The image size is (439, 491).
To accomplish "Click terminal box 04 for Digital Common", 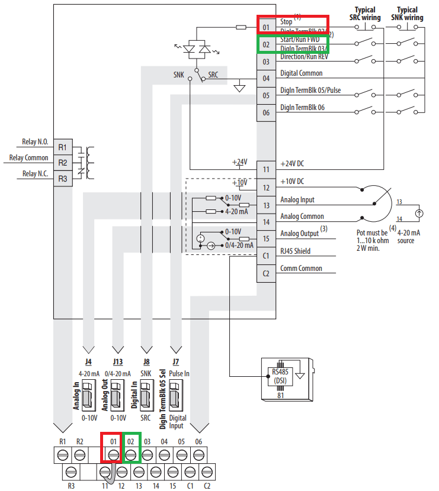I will tap(266, 78).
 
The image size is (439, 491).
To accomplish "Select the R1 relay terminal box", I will tap(62, 147).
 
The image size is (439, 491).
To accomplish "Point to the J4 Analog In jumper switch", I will tap(88, 393).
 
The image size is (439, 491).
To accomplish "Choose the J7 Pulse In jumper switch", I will tap(175, 393).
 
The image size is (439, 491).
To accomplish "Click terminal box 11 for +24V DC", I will tap(266, 169).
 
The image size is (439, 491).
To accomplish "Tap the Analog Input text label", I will tap(297, 200).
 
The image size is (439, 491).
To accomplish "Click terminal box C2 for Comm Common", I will tap(266, 273).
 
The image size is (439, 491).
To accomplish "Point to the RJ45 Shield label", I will tap(295, 251).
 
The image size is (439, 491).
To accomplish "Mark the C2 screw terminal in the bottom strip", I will tap(207, 471).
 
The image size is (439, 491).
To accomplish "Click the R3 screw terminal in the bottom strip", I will tap(71, 471).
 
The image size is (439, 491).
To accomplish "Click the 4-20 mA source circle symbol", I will tap(418, 213).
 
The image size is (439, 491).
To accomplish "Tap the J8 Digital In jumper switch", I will tap(146, 393).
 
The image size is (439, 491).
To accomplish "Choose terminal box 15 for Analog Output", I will tap(266, 238).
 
